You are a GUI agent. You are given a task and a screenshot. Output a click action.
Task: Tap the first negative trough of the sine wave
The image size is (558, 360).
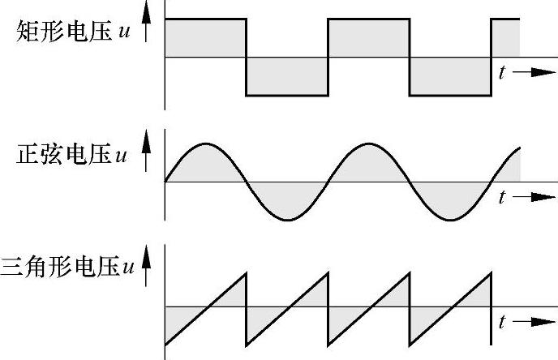[286, 219]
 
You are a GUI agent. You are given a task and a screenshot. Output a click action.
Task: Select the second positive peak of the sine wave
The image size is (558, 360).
[368, 144]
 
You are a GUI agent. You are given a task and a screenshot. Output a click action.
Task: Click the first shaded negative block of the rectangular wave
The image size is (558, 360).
[286, 76]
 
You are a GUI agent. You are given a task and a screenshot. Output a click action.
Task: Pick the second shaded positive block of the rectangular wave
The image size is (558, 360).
[368, 38]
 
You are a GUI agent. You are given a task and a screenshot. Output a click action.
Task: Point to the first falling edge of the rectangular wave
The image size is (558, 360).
[246, 57]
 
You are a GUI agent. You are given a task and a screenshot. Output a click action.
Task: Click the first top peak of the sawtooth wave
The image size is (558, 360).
[244, 272]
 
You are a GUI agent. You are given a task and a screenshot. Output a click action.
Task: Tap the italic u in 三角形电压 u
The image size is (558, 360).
[127, 266]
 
